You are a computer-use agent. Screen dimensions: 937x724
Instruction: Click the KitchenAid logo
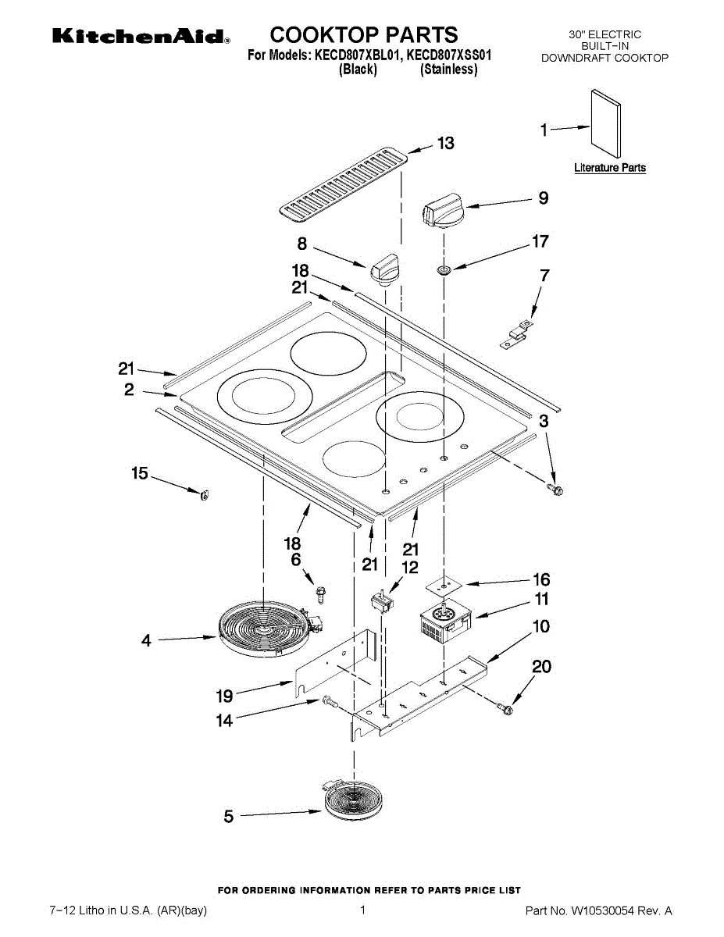pyautogui.click(x=141, y=37)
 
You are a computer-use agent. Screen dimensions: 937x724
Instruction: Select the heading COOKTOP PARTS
pyautogui.click(x=364, y=35)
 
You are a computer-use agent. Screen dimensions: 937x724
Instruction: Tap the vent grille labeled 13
pyautogui.click(x=344, y=183)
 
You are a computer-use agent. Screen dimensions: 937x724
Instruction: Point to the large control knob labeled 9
pyautogui.click(x=444, y=211)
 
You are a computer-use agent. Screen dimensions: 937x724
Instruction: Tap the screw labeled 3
pyautogui.click(x=556, y=490)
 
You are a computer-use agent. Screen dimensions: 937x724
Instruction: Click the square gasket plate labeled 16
pyautogui.click(x=444, y=583)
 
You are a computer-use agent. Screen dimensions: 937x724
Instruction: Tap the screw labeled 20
pyautogui.click(x=505, y=709)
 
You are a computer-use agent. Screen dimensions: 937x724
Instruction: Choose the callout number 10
pyautogui.click(x=540, y=626)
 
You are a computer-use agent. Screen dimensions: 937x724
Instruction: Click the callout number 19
pyautogui.click(x=225, y=697)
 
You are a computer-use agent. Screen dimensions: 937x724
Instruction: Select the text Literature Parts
pyautogui.click(x=609, y=168)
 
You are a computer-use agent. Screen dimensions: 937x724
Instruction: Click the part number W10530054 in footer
pyautogui.click(x=608, y=910)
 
